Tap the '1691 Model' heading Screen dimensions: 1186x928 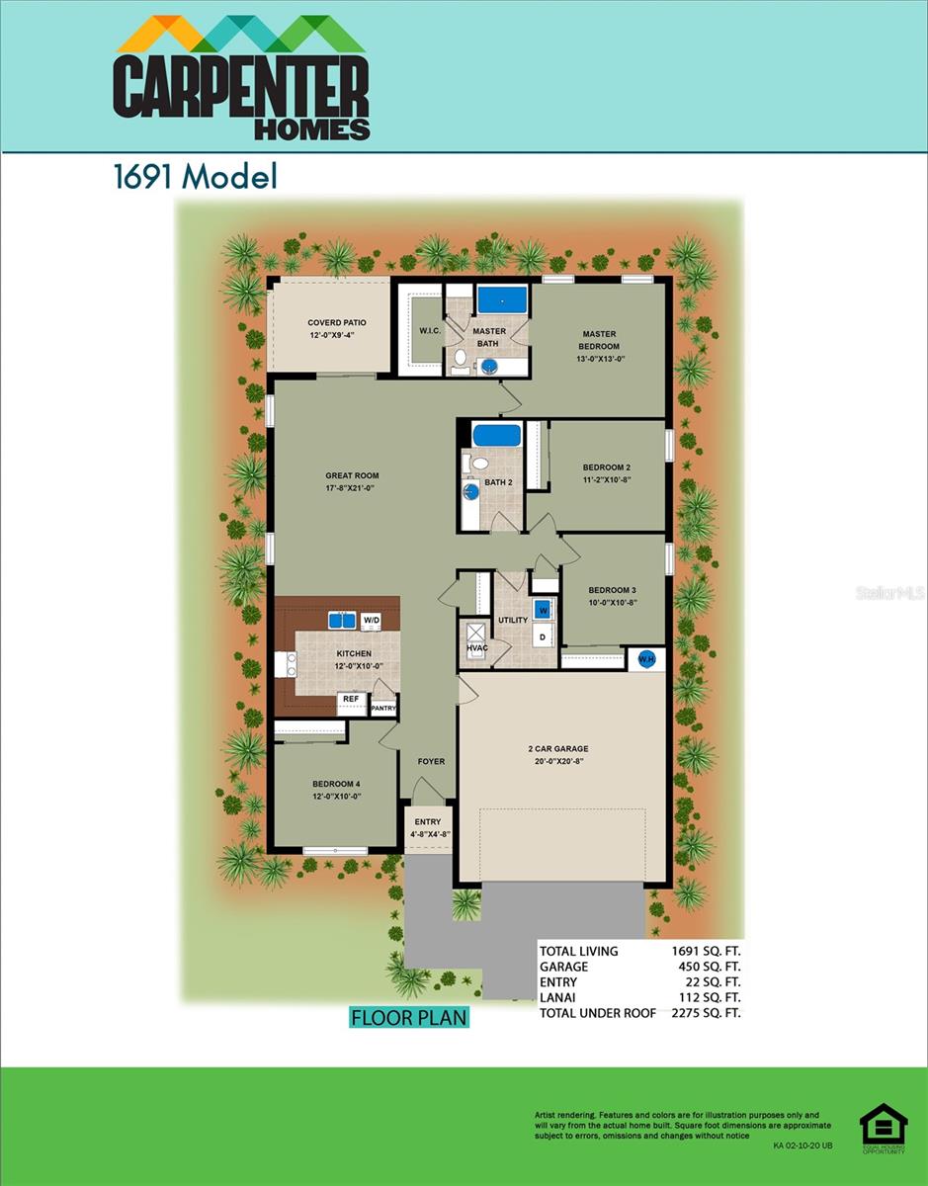[195, 177]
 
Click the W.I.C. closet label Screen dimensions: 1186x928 [429, 331]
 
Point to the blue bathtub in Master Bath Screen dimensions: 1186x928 [502, 297]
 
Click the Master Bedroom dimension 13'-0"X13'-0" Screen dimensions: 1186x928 [600, 359]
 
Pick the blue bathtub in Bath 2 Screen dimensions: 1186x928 [496, 434]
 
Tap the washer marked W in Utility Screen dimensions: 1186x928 [543, 610]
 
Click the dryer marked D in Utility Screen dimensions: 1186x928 [542, 637]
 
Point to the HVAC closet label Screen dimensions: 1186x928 [477, 647]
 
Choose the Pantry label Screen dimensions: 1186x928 [383, 708]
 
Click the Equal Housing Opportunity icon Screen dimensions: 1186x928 [883, 1128]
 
